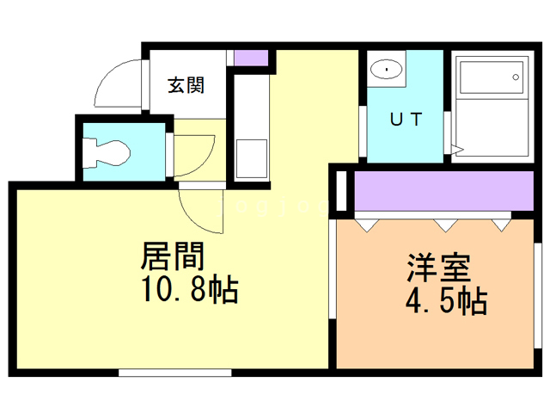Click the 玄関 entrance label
pyautogui.click(x=186, y=85)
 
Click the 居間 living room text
pyautogui.click(x=177, y=256)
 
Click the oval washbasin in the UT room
pyautogui.click(x=388, y=67)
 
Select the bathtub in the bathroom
pyautogui.click(x=490, y=82)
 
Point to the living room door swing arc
pyautogui.click(x=200, y=211)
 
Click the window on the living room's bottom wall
pyautogui.click(x=174, y=373)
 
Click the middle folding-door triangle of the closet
pyautogui.click(x=444, y=225)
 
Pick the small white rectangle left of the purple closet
pyautogui.click(x=341, y=190)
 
